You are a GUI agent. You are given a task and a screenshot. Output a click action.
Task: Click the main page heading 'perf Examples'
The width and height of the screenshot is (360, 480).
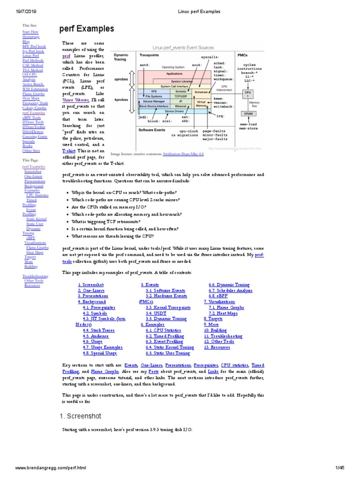pyautogui.click(x=87, y=29)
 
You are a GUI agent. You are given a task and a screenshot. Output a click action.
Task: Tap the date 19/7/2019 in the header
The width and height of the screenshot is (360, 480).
pyautogui.click(x=19, y=11)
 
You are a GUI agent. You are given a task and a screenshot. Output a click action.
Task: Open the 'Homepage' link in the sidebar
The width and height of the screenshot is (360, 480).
pyautogui.click(x=31, y=37)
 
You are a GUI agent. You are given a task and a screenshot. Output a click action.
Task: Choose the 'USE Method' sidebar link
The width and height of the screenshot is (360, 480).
pyautogui.click(x=32, y=65)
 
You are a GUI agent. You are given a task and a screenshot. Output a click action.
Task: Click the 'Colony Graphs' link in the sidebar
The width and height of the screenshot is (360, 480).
pyautogui.click(x=34, y=108)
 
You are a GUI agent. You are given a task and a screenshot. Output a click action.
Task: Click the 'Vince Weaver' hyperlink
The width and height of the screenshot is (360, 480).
pyautogui.click(x=76, y=99)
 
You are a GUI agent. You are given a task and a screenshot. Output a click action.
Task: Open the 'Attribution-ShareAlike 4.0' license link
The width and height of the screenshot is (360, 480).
pyautogui.click(x=183, y=153)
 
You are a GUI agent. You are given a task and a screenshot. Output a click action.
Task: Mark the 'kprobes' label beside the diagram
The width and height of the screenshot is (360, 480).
pyautogui.click(x=121, y=100)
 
